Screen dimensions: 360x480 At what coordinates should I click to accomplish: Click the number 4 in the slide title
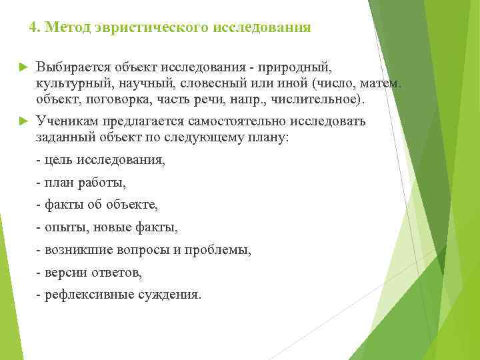click(33, 28)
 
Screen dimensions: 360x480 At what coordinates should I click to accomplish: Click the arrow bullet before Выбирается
click(22, 67)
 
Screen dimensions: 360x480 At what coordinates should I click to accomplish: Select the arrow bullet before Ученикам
click(22, 121)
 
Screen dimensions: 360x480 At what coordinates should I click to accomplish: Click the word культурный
click(72, 83)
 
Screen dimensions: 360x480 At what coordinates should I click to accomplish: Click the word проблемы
click(220, 251)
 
